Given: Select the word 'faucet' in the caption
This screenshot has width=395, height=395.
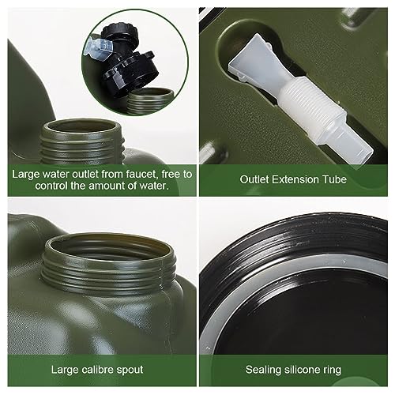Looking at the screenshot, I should (x=141, y=173).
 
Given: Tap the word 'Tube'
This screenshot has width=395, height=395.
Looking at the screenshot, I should (x=336, y=179).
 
